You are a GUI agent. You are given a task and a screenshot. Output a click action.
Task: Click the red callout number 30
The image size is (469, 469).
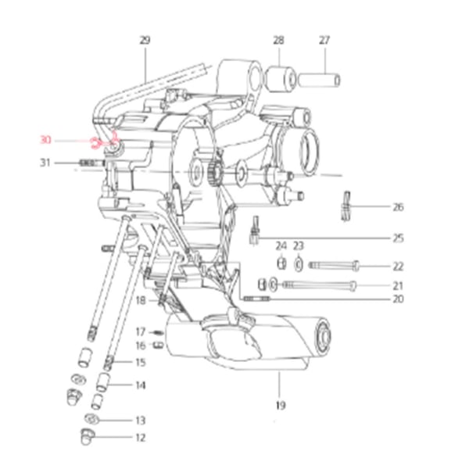coord(45,140)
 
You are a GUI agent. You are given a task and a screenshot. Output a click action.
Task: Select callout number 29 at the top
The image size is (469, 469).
coord(145,40)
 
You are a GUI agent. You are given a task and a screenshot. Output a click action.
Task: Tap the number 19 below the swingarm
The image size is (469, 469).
coord(281,406)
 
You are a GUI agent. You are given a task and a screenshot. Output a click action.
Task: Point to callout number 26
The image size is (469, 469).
coord(398,206)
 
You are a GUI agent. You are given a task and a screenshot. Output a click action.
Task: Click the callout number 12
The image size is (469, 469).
coord(140,438)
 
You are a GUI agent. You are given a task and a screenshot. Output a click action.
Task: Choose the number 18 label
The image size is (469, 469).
coord(141,300)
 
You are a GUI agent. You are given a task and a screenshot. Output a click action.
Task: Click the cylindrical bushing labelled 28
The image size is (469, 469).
coord(281,79)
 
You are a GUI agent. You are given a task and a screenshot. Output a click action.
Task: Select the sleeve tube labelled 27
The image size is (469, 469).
coord(319,81)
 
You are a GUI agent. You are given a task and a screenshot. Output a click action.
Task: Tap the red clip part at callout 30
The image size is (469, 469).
coord(95,143)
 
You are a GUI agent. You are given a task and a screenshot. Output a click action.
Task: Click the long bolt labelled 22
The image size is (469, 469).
coord(334,265)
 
